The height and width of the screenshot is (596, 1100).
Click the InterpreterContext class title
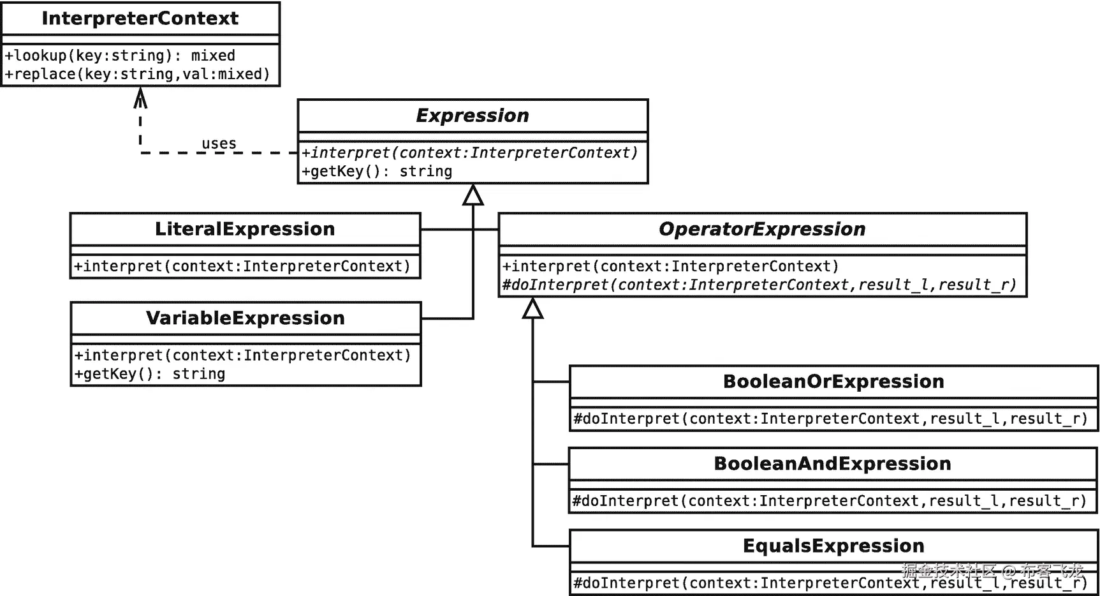140,19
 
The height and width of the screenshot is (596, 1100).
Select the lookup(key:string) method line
120,56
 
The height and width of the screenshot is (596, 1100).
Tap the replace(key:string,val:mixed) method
137,74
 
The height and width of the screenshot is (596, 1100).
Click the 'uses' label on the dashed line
219,144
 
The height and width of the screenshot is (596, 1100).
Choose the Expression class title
473,115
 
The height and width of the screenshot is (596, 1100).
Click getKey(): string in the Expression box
377,171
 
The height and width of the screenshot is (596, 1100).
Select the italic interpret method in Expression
469,153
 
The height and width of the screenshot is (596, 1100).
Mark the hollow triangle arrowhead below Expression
473,195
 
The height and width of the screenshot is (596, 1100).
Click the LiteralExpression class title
245,229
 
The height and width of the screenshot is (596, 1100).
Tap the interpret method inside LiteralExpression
242,266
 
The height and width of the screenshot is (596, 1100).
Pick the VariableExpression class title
246,318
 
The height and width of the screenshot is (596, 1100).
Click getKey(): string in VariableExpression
150,374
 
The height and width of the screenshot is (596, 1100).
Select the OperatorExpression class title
762,229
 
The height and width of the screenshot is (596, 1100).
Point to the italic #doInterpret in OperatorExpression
759,285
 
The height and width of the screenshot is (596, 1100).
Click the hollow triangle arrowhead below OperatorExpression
532,309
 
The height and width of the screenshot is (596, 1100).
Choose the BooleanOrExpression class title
833,382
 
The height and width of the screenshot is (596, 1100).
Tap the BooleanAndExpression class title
832,464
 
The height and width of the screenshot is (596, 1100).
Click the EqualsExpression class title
833,546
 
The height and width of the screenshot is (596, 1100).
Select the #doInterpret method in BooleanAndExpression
829,501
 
